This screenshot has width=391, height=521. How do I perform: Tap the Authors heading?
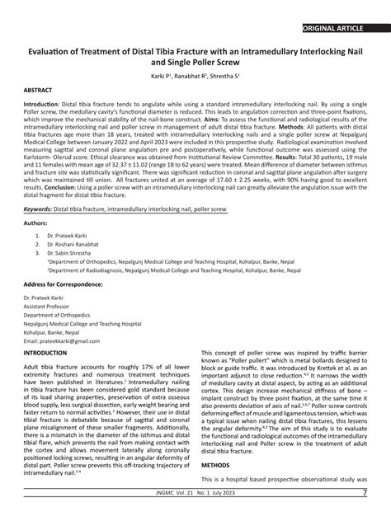click(36, 223)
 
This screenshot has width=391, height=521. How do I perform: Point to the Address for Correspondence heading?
click(68, 284)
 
